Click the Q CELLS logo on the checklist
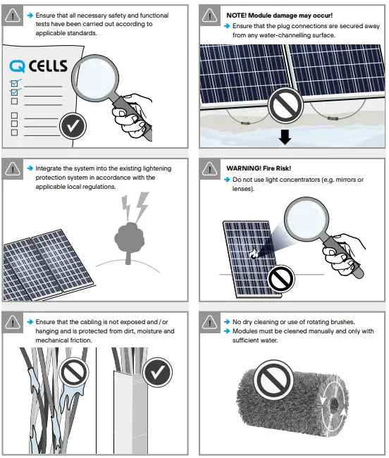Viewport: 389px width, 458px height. [x=39, y=66]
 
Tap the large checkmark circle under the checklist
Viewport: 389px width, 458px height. [x=73, y=127]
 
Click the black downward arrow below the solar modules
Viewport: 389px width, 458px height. [x=285, y=137]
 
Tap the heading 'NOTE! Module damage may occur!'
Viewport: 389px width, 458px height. [x=279, y=15]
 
